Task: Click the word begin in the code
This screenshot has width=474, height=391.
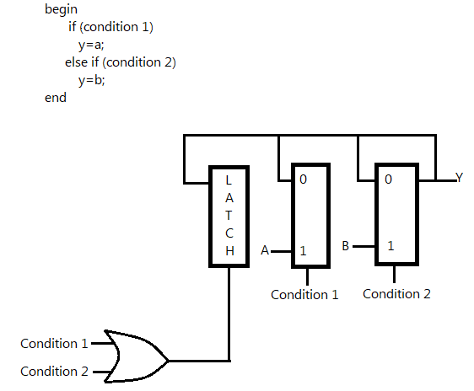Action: point(62,8)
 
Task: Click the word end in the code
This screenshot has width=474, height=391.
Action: point(56,99)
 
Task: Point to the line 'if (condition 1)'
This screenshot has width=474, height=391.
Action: point(110,27)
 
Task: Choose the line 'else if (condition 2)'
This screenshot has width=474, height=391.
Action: point(120,62)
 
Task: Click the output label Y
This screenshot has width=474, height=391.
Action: point(459,178)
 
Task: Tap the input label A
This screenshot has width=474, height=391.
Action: point(265,251)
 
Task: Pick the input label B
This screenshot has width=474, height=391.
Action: point(346,246)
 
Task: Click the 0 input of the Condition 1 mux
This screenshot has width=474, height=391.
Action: point(304,179)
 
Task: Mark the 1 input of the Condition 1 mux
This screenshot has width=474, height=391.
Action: point(304,251)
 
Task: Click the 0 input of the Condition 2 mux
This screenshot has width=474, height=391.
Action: point(389,179)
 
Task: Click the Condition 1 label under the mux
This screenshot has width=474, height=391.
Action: point(304,294)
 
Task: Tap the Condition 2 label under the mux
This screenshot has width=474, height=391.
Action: point(396,294)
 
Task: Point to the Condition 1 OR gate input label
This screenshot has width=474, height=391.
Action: point(54,343)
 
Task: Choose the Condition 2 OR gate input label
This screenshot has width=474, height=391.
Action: point(54,371)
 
